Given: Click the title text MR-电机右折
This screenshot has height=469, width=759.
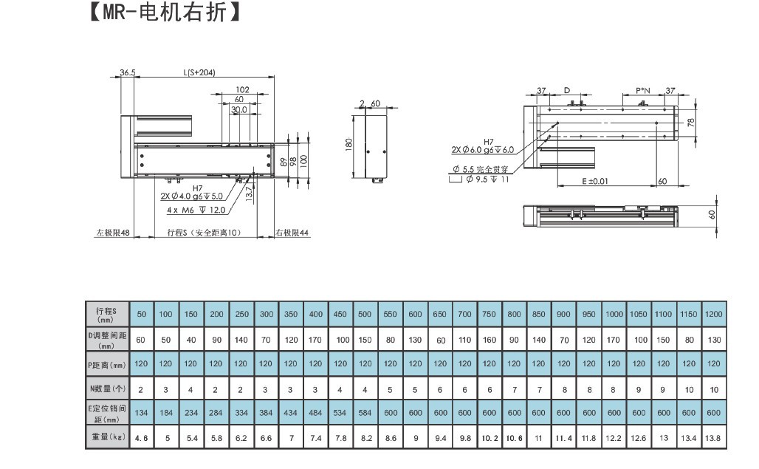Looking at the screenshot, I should [x=164, y=13].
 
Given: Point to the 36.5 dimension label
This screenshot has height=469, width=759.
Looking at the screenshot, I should [x=128, y=72].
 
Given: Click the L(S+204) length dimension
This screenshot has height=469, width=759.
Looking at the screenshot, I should [x=199, y=72].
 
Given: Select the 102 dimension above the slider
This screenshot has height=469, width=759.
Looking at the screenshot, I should [x=242, y=89].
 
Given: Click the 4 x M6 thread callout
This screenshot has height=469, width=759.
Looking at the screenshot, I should [x=196, y=210].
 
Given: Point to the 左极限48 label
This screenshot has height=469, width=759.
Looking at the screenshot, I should [x=112, y=233].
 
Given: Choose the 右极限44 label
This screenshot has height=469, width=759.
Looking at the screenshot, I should [x=292, y=233].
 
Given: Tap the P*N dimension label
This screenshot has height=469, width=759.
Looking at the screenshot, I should [x=643, y=91].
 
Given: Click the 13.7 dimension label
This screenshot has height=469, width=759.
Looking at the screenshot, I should [x=250, y=194].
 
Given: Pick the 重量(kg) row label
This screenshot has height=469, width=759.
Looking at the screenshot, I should [x=106, y=437].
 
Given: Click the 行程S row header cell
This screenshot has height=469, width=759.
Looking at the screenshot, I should [x=106, y=314].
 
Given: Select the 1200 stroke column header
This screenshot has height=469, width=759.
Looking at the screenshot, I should [x=714, y=314].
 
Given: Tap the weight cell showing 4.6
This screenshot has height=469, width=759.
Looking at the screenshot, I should [x=141, y=437].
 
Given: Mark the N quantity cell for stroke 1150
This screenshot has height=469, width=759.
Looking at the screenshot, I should [x=689, y=388].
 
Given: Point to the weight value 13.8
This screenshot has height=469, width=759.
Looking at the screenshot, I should [x=714, y=437].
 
